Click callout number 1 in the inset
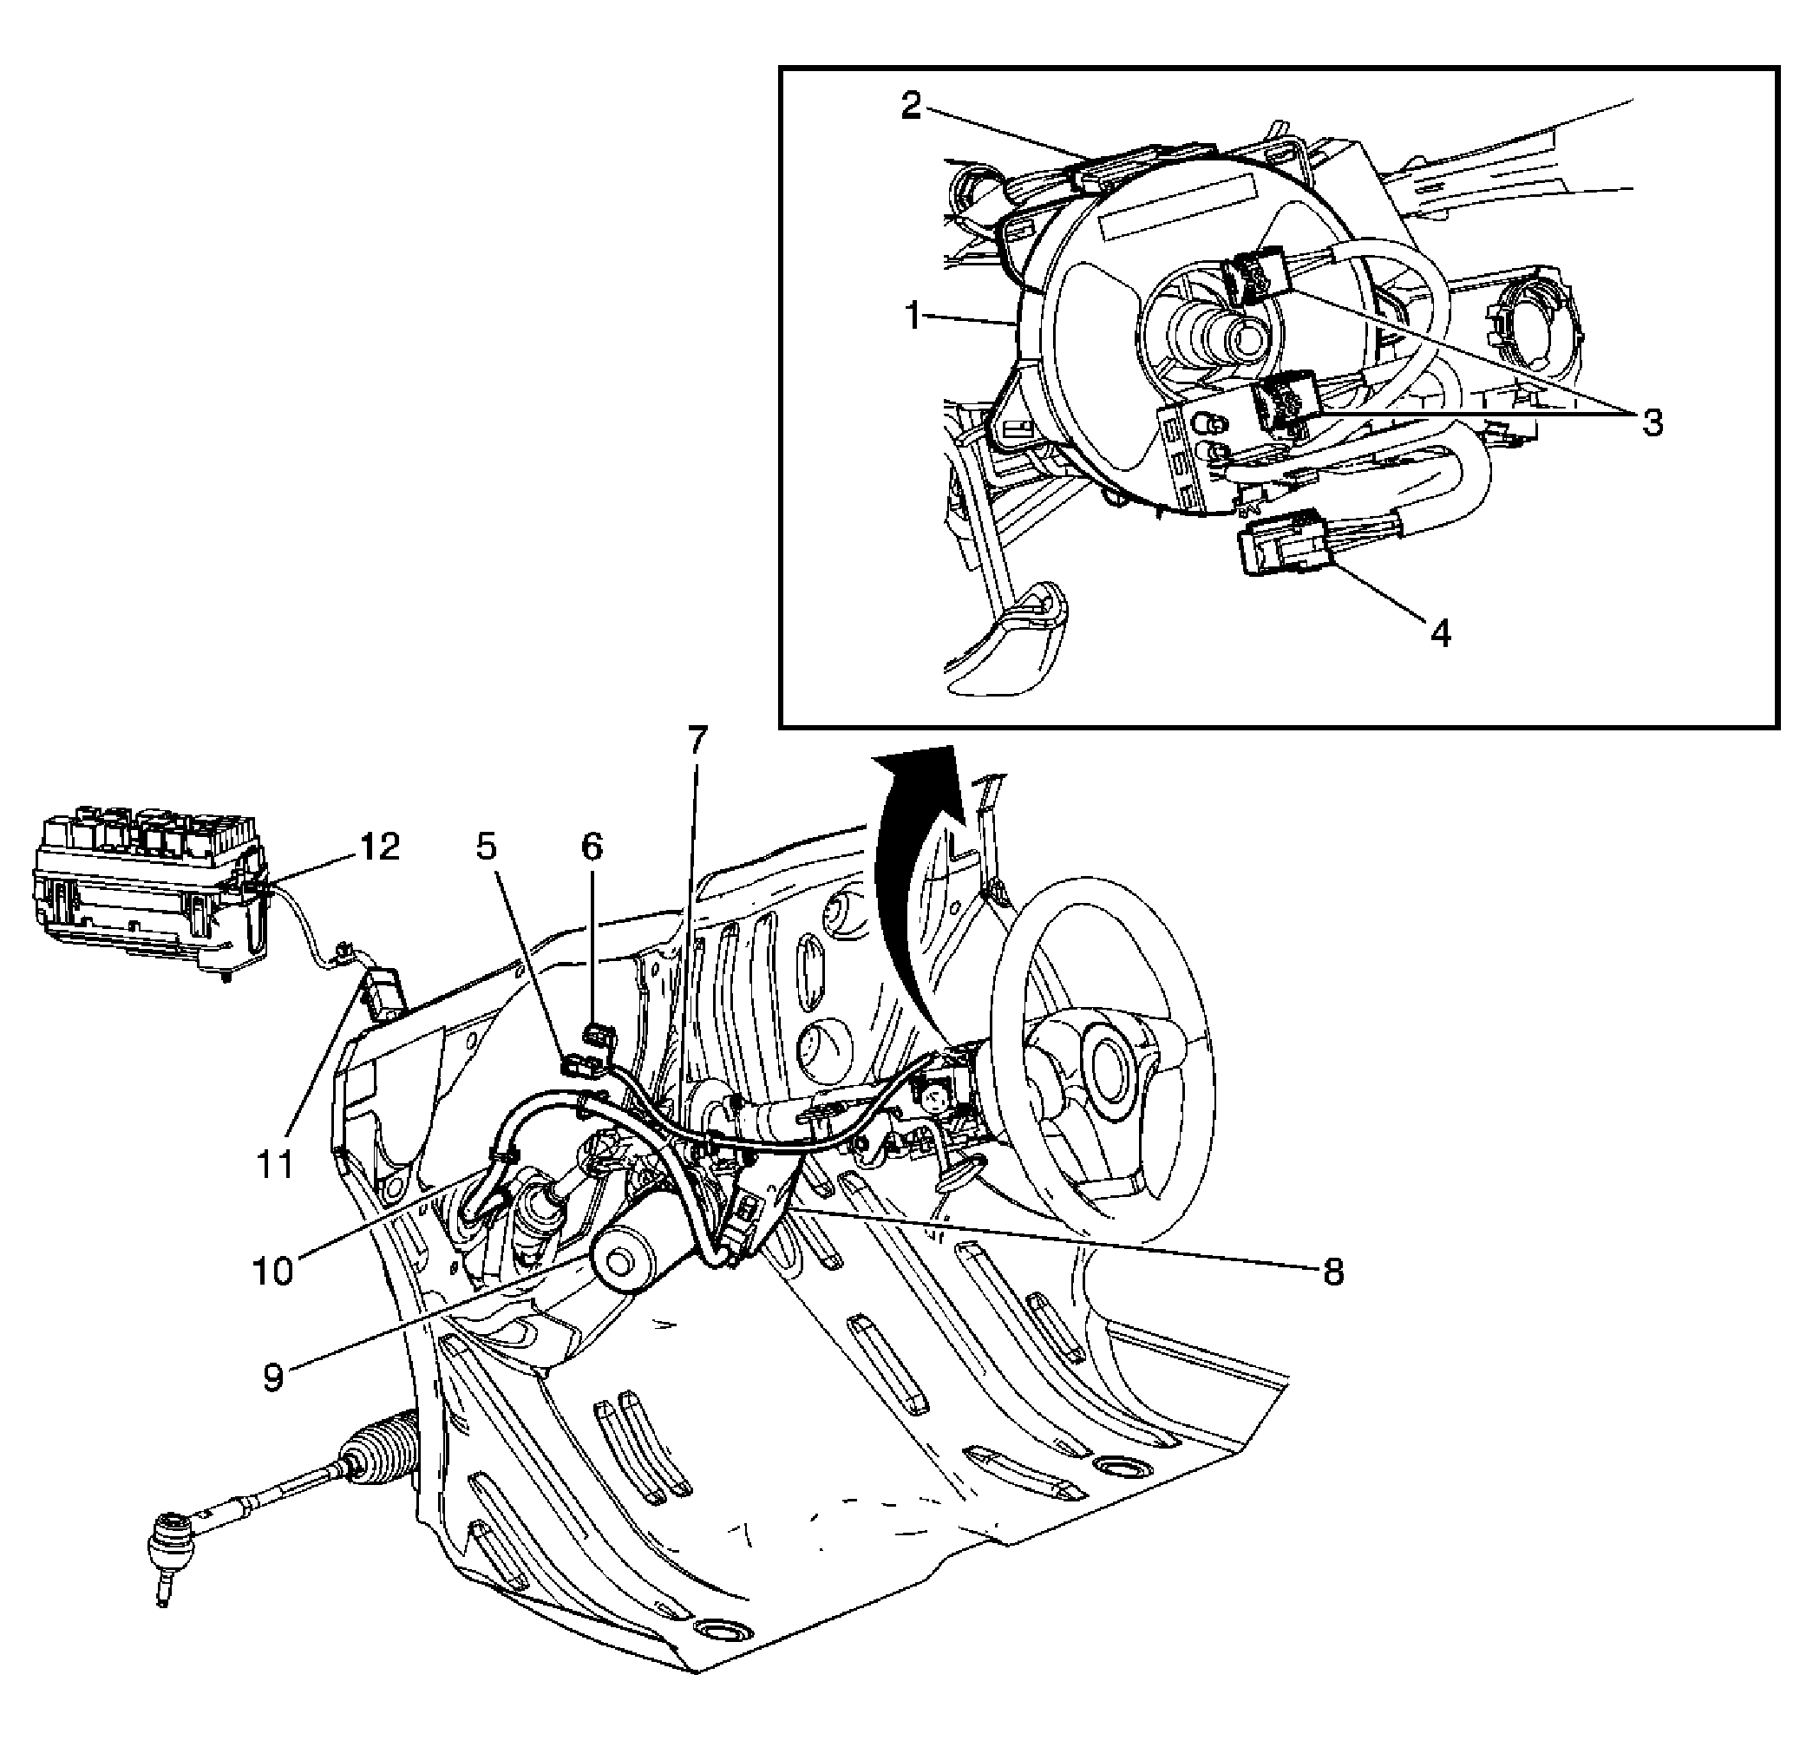pos(913,317)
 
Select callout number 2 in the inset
pos(911,107)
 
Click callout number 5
pos(487,847)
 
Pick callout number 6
pos(591,847)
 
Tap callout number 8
pos(1332,1272)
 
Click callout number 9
pos(272,1377)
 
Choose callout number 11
pos(275,1165)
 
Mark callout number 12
pos(380,847)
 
